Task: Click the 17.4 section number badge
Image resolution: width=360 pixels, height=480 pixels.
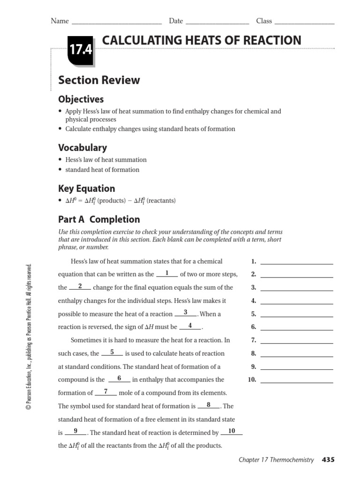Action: point(80,50)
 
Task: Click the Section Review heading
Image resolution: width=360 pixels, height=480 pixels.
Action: point(99,80)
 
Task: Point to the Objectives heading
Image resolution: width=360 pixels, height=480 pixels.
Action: point(81,99)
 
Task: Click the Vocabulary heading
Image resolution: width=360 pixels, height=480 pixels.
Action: point(82,148)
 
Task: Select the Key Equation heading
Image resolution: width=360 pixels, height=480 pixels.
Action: point(86,188)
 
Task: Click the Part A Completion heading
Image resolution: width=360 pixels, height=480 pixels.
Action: point(99,219)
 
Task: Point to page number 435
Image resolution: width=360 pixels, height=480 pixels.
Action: point(328,460)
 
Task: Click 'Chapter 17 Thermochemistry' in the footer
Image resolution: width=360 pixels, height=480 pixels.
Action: point(276,460)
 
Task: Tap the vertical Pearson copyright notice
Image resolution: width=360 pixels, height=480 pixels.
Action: point(29,337)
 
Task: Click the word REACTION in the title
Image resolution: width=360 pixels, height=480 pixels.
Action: point(269,41)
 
